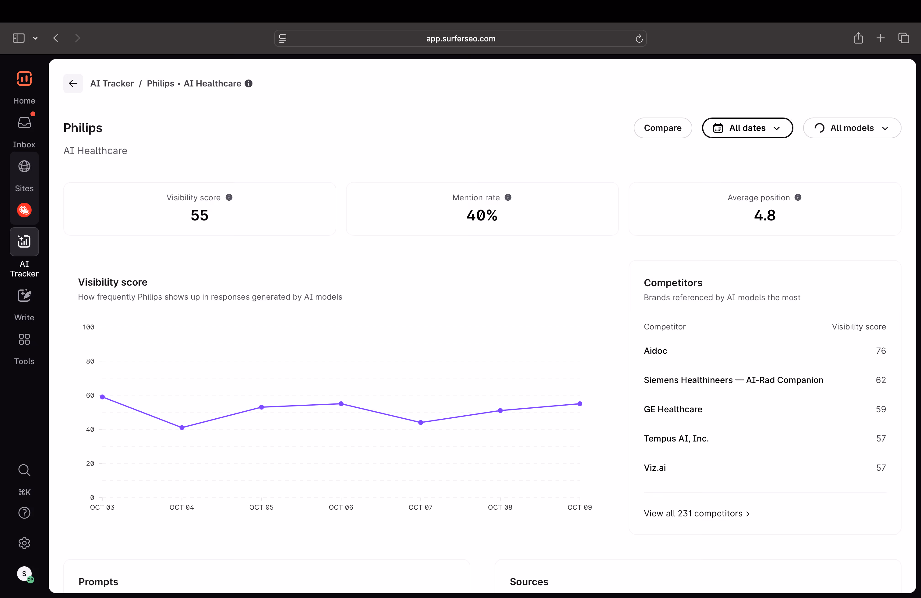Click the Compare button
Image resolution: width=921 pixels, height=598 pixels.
click(662, 128)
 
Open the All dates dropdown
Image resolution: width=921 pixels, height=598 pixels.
click(747, 128)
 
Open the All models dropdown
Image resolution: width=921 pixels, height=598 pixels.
click(852, 128)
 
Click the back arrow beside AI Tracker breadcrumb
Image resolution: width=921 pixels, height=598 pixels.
click(73, 83)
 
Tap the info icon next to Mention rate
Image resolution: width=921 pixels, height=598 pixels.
click(508, 198)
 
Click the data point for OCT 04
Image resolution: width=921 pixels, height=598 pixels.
click(182, 427)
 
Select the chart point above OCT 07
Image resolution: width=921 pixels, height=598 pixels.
click(421, 422)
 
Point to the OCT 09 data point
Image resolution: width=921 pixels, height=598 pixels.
click(580, 404)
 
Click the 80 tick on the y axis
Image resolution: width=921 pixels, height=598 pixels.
click(90, 361)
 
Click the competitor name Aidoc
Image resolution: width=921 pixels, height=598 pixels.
click(655, 351)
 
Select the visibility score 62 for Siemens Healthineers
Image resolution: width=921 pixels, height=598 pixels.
click(881, 380)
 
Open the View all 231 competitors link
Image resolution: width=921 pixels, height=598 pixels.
click(697, 513)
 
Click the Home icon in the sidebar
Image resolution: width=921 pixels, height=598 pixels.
click(24, 79)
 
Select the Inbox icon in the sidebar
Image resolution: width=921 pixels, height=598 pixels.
click(24, 123)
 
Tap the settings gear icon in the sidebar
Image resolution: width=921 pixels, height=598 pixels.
click(24, 543)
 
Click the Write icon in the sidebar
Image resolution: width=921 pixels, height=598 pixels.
click(24, 296)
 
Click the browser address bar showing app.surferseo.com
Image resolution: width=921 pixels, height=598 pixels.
click(460, 38)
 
